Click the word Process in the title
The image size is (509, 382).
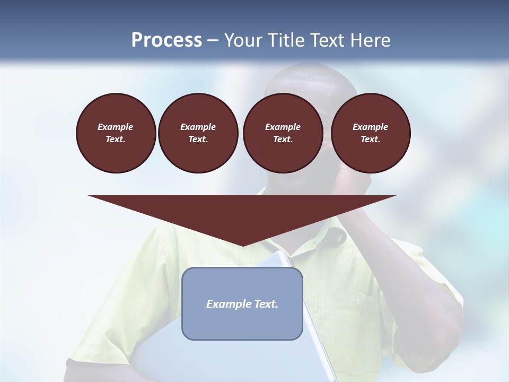pyautogui.click(x=166, y=40)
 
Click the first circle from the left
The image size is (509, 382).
pyautogui.click(x=116, y=133)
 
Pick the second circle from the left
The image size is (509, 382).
pyautogui.click(x=198, y=133)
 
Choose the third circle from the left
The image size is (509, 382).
pyautogui.click(x=283, y=133)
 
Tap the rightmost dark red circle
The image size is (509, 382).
pyautogui.click(x=370, y=133)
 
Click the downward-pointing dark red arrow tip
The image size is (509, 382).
pyautogui.click(x=242, y=241)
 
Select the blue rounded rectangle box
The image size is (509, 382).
pyautogui.click(x=242, y=324)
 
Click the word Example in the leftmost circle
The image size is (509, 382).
pyautogui.click(x=116, y=127)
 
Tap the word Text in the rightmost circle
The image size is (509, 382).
pyautogui.click(x=370, y=140)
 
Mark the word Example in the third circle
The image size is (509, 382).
pyautogui.click(x=283, y=127)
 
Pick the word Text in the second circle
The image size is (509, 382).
pyautogui.click(x=198, y=140)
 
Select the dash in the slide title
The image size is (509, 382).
pyautogui.click(x=213, y=40)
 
